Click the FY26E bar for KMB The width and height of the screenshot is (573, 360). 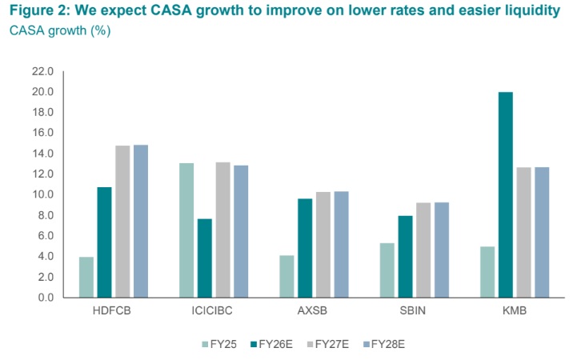(x=505, y=194)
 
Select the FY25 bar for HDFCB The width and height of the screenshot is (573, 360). (x=86, y=277)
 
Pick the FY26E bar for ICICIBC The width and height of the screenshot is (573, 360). (x=205, y=258)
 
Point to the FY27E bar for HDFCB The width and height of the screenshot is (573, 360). (x=122, y=221)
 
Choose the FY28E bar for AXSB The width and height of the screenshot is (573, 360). (x=342, y=244)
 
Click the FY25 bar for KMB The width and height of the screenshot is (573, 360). (x=487, y=272)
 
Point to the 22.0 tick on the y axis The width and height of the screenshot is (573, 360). (x=42, y=71)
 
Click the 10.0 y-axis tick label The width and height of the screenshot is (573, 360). (x=42, y=194)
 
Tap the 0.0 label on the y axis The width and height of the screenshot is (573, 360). (x=45, y=298)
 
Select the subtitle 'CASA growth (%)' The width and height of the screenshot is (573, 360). (x=60, y=31)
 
